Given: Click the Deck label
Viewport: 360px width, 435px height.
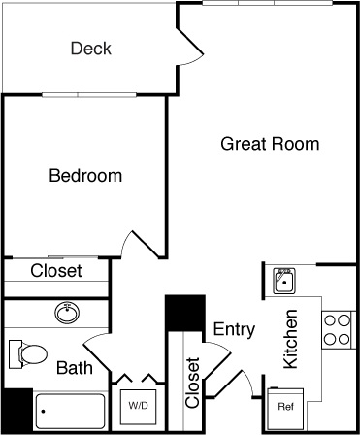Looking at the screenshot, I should click(91, 49).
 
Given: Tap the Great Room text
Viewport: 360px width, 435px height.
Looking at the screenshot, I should click(270, 145).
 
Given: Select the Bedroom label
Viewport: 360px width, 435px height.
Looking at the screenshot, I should click(85, 176).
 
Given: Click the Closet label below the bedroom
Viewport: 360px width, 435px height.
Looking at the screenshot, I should click(56, 271).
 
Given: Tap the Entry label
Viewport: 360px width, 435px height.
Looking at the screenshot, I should click(234, 329).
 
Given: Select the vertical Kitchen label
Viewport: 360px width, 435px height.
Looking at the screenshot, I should click(289, 339).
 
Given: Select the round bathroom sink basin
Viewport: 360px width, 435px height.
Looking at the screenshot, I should click(67, 314).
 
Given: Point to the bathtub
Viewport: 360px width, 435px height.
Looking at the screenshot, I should click(70, 411).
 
